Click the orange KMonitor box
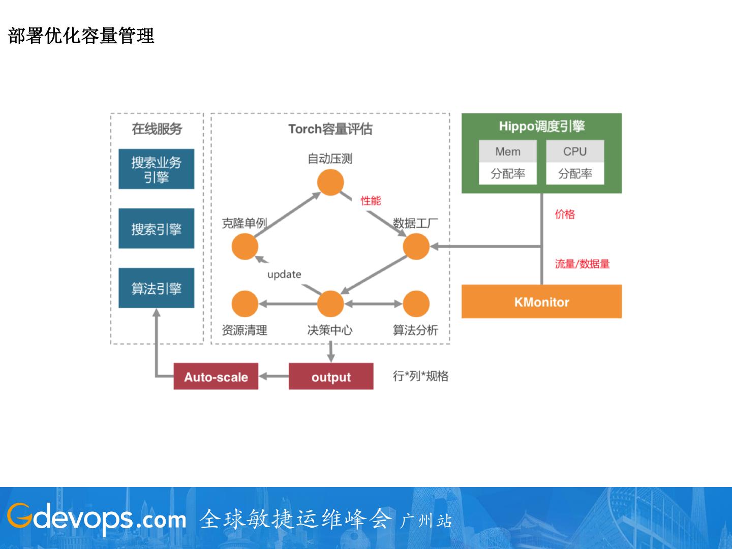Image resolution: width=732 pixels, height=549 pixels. pyautogui.click(x=541, y=301)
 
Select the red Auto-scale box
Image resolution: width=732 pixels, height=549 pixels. pyautogui.click(x=216, y=377)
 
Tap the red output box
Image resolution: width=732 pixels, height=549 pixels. pyautogui.click(x=331, y=377)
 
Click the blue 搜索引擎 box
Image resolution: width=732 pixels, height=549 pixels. pyautogui.click(x=156, y=229)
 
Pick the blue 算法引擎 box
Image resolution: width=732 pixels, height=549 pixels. pyautogui.click(x=156, y=288)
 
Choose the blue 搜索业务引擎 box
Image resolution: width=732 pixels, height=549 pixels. pyautogui.click(x=156, y=169)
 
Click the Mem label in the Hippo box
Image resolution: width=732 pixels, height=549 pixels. pyautogui.click(x=508, y=151)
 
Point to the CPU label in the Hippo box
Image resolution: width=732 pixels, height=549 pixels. pyautogui.click(x=575, y=151)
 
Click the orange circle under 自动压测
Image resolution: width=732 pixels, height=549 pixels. pyautogui.click(x=330, y=182)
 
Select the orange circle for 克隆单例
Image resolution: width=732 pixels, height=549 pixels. pyautogui.click(x=245, y=247)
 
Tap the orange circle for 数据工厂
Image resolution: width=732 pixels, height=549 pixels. pyautogui.click(x=416, y=247)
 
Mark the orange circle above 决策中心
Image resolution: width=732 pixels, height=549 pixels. pyautogui.click(x=330, y=304)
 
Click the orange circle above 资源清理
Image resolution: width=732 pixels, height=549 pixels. pyautogui.click(x=245, y=304)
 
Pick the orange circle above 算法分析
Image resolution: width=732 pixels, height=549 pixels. pyautogui.click(x=416, y=304)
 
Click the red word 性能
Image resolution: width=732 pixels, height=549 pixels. pyautogui.click(x=371, y=201)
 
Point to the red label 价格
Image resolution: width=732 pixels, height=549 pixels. pyautogui.click(x=565, y=214)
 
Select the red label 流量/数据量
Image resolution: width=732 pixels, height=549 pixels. pyautogui.click(x=582, y=264)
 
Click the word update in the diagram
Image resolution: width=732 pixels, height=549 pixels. pyautogui.click(x=284, y=274)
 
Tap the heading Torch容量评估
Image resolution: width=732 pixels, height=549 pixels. pyautogui.click(x=330, y=129)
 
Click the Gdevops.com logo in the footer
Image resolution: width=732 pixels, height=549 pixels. pyautogui.click(x=97, y=518)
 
